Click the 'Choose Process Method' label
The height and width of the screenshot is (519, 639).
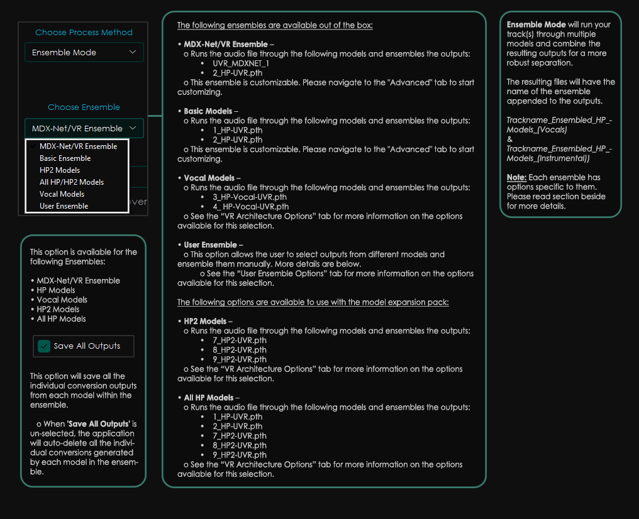[x=84, y=32]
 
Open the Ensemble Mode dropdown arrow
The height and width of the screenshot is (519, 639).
[x=133, y=52]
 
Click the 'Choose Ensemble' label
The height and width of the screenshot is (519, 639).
[x=84, y=107]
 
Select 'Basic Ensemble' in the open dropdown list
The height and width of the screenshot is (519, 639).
[x=65, y=158]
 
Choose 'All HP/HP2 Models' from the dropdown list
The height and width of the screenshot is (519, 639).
[x=71, y=182]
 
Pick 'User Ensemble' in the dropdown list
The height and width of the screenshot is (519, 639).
[x=64, y=206]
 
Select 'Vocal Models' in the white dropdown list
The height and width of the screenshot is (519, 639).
[x=62, y=194]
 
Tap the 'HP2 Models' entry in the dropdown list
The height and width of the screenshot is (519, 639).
[x=59, y=170]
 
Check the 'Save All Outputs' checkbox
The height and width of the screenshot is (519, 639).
[x=44, y=346]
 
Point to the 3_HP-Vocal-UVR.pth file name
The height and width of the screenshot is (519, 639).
[x=250, y=197]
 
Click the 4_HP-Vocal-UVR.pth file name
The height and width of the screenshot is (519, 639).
[x=251, y=207]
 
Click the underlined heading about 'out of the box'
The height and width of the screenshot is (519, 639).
[x=275, y=25]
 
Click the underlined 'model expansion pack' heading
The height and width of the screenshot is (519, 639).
[x=313, y=302]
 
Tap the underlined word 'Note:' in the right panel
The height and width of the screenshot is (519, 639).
[x=516, y=177]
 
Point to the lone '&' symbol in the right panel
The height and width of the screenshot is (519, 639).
[x=509, y=139]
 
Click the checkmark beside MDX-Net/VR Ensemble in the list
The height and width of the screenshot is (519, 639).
[x=32, y=146]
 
